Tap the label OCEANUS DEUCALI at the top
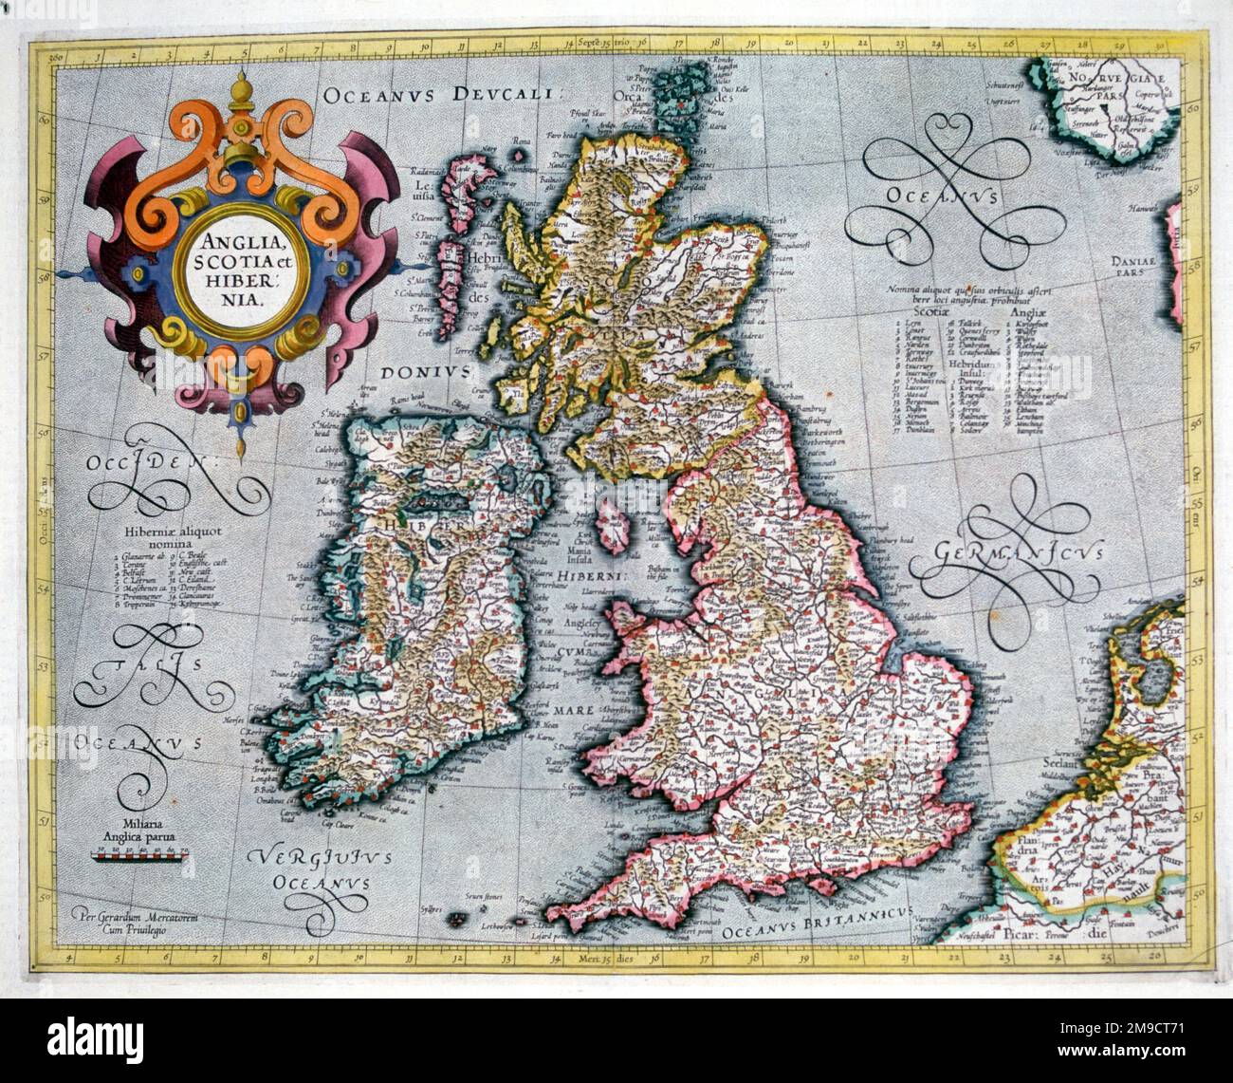click(443, 94)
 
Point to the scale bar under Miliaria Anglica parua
click(139, 854)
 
